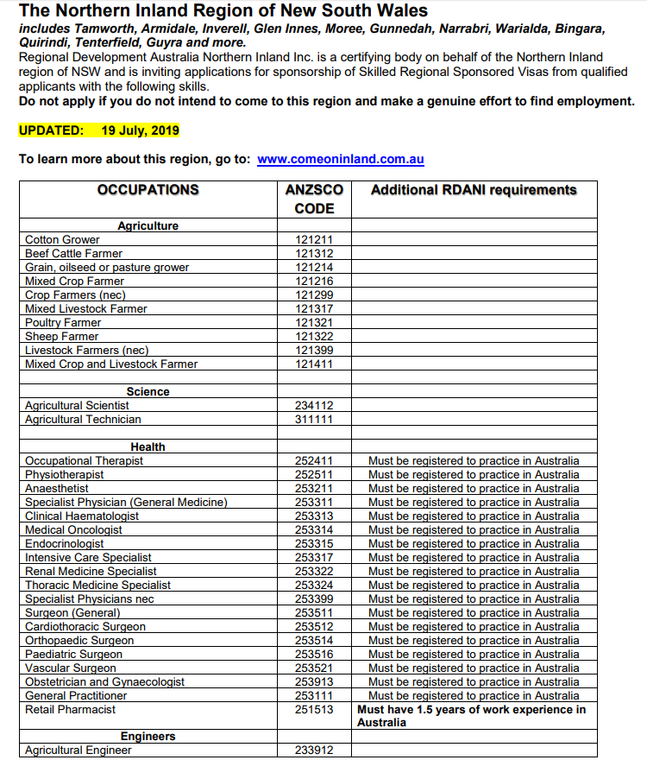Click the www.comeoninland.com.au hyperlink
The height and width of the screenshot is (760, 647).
pos(341,160)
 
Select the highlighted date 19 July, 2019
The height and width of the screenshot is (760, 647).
pos(140,130)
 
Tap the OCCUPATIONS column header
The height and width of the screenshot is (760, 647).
pos(148,190)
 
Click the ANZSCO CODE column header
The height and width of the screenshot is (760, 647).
pos(314,199)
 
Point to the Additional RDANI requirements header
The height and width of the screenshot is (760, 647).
pos(474,190)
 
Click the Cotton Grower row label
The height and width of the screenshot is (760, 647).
pos(62,239)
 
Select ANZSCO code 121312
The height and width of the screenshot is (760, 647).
pos(314,253)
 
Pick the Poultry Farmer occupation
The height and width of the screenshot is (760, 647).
pos(63,322)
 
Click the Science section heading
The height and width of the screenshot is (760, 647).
pos(148,391)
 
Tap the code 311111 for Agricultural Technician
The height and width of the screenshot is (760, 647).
pos(314,419)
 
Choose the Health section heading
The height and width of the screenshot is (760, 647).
pos(148,446)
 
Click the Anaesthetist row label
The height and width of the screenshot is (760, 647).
pos(57,488)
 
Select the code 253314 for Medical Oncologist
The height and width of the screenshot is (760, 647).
pos(314,529)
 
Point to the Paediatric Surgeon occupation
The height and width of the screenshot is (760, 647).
pos(74,654)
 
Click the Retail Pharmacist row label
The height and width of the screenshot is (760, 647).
pos(70,709)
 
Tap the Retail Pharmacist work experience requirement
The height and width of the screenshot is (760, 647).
pos(472,715)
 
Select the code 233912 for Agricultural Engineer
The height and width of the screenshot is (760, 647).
pos(314,750)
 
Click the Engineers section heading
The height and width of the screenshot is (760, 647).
pos(148,737)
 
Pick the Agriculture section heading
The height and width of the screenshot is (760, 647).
pos(148,225)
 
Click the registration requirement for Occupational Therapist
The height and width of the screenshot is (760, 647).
pos(474,460)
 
